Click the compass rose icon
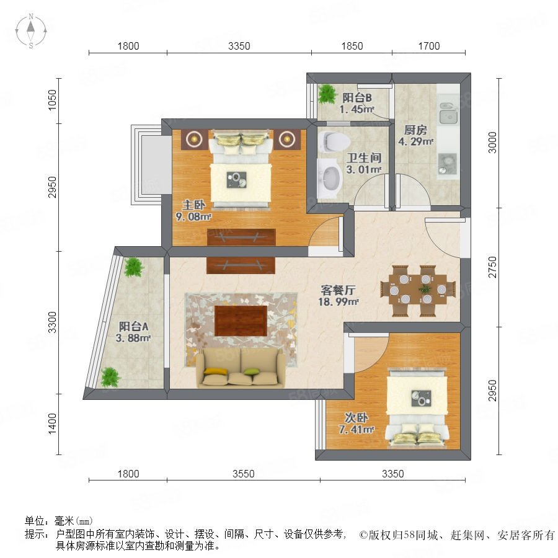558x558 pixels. pyautogui.click(x=31, y=31)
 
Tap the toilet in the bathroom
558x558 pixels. pyautogui.click(x=335, y=141)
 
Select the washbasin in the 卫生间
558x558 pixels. pyautogui.click(x=330, y=177)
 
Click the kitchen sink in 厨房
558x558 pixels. pyautogui.click(x=448, y=112)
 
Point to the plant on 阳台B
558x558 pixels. pyautogui.click(x=327, y=94)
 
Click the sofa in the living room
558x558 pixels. pyautogui.click(x=241, y=368)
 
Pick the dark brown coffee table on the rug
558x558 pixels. pyautogui.click(x=241, y=321)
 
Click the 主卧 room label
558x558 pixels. pyautogui.click(x=194, y=205)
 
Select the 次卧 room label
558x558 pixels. pyautogui.click(x=356, y=417)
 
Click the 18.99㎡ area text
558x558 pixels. pyautogui.click(x=338, y=302)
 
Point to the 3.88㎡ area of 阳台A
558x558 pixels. pyautogui.click(x=133, y=338)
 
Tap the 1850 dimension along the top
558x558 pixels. pyautogui.click(x=352, y=46)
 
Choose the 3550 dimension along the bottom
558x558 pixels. pyautogui.click(x=244, y=474)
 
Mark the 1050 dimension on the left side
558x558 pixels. pyautogui.click(x=52, y=100)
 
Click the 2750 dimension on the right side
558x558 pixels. pyautogui.click(x=492, y=267)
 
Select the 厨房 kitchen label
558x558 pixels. pyautogui.click(x=415, y=130)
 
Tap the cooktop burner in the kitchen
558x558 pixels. pyautogui.click(x=448, y=163)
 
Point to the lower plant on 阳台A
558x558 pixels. pyautogui.click(x=110, y=377)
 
